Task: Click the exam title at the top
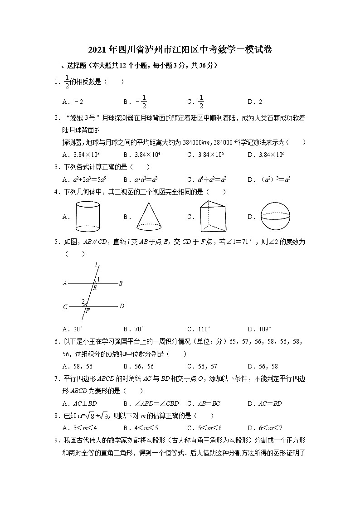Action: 180,50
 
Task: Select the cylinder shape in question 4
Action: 87,217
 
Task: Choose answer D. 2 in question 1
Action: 255,102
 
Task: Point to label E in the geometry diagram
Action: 95,288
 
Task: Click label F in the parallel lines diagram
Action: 88,310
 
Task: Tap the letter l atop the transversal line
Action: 96,264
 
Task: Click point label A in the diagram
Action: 65,284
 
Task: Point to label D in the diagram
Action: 122,306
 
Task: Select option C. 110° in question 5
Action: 199,329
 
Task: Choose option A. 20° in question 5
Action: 73,329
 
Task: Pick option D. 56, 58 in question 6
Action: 263,366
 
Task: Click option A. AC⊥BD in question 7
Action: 80,403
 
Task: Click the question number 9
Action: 57,440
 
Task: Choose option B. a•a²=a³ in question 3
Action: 140,179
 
